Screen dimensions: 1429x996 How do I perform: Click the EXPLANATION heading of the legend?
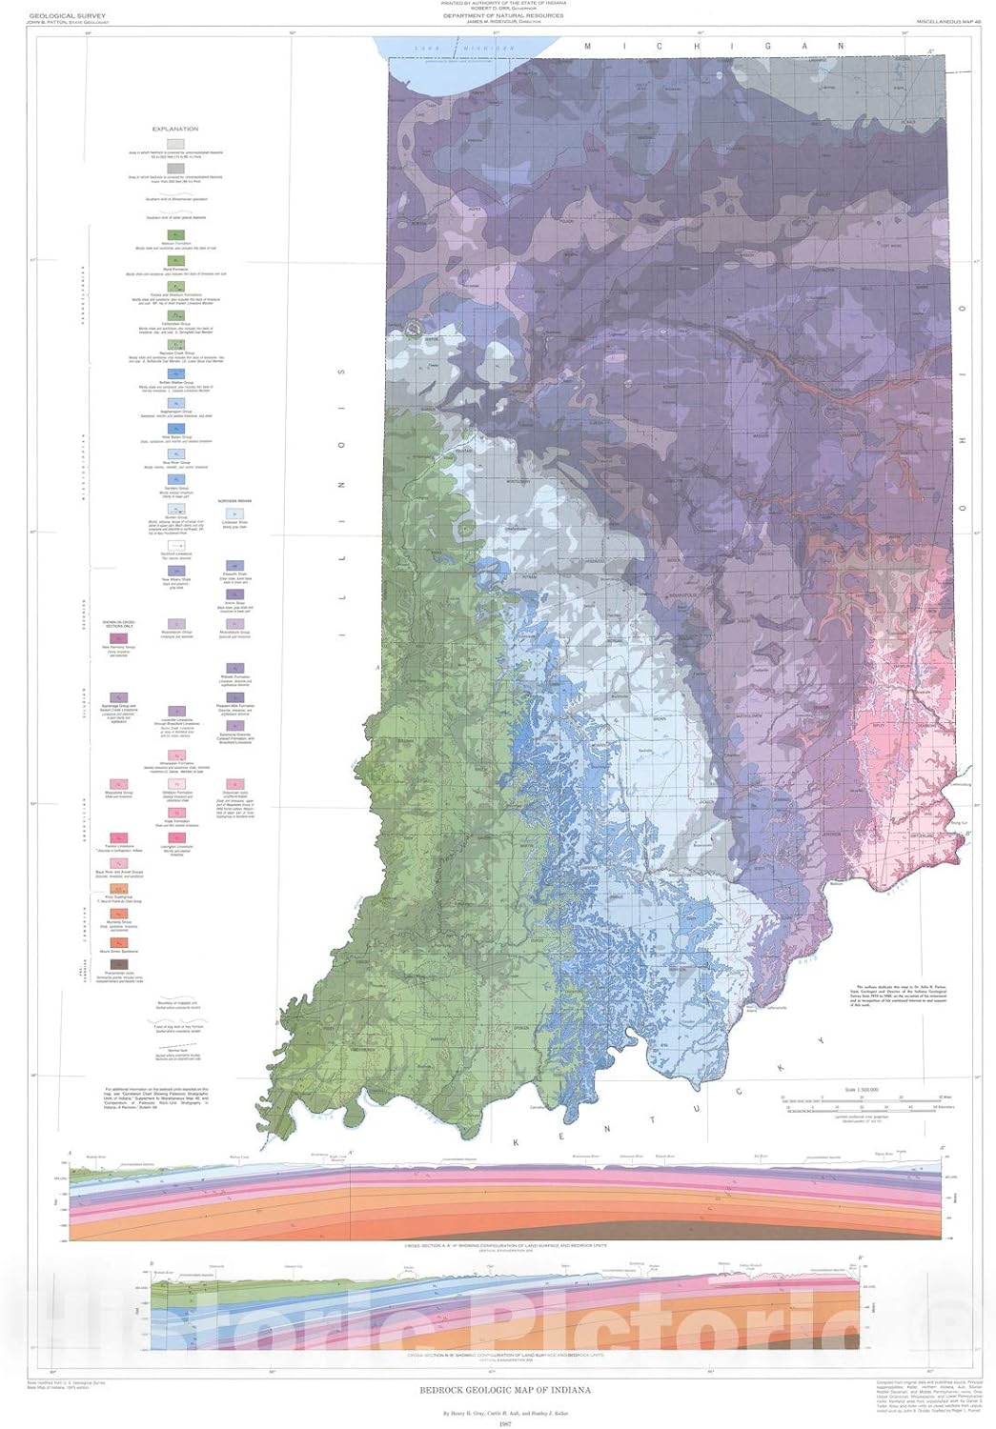(175, 129)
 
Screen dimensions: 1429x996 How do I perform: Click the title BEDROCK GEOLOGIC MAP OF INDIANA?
(505, 1390)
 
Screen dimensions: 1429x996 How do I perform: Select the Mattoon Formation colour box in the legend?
(176, 234)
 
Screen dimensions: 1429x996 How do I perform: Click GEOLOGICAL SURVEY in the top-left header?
(54, 15)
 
